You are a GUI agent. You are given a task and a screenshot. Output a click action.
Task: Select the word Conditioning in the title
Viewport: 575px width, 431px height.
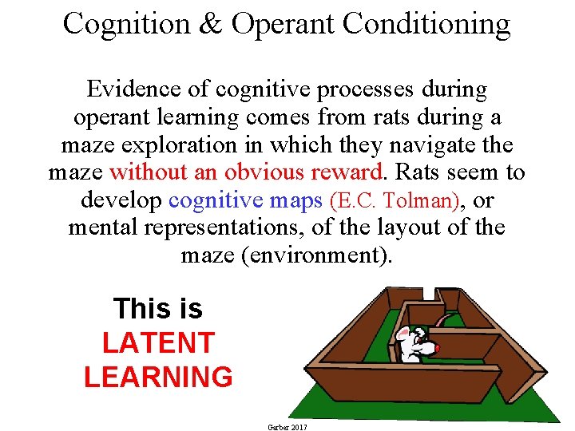(x=426, y=24)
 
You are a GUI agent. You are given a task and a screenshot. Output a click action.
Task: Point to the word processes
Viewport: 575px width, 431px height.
(x=370, y=89)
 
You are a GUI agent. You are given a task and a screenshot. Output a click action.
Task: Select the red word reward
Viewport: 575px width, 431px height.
(x=346, y=172)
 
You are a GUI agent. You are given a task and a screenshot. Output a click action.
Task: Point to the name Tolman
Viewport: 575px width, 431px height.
(x=428, y=200)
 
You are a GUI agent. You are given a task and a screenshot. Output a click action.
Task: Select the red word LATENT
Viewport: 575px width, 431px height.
(x=158, y=342)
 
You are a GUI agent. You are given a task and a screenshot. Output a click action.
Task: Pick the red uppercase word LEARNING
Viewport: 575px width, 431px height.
(x=158, y=376)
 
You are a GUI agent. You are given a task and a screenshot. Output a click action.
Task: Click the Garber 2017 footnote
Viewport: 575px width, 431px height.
(x=287, y=427)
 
